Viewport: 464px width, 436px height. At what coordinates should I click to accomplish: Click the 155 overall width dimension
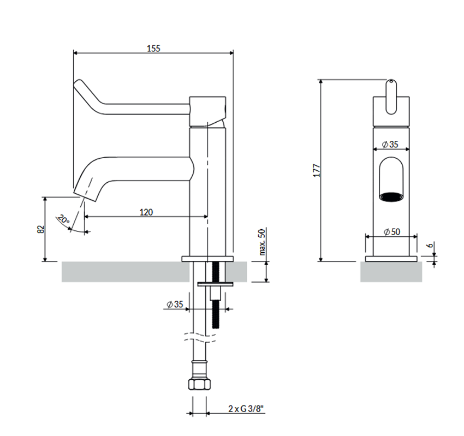click(153, 48)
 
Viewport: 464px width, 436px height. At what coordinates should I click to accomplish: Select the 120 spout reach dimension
click(146, 212)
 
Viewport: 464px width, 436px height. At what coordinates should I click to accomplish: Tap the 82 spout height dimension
click(40, 229)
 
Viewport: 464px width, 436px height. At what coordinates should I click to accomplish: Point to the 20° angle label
click(63, 220)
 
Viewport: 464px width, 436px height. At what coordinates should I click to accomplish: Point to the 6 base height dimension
click(430, 246)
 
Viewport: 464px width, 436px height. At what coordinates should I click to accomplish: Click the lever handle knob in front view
click(391, 97)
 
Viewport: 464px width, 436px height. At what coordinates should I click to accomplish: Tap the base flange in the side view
click(207, 258)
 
